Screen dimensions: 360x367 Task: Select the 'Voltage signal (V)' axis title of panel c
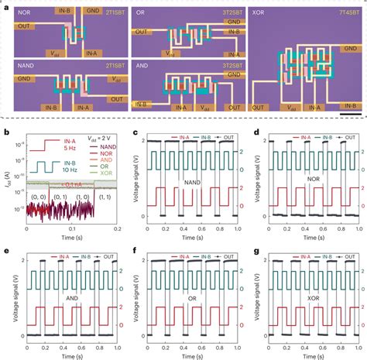tap(136, 174)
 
